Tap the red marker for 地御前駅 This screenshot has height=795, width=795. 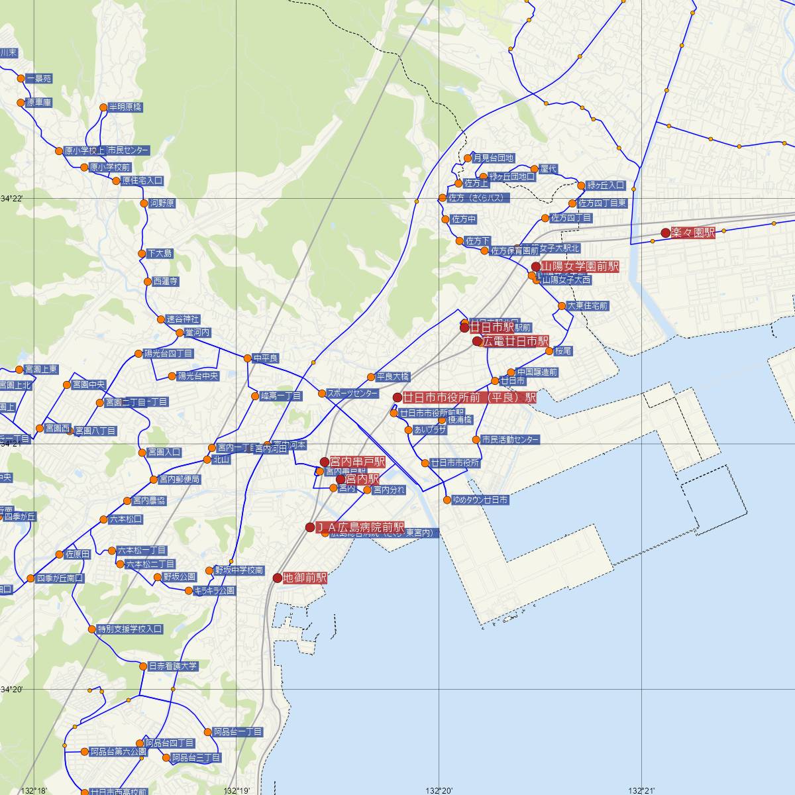(x=278, y=578)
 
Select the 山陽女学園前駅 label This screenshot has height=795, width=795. (x=580, y=266)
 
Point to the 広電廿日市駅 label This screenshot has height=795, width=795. (x=515, y=341)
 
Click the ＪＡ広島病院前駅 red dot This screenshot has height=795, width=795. (x=310, y=527)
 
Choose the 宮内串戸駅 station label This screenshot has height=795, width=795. (x=357, y=461)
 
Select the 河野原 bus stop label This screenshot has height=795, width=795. (x=162, y=203)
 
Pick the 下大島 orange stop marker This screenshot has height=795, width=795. (x=142, y=253)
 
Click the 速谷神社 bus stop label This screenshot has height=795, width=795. (x=182, y=319)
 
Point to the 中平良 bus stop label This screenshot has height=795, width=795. (x=265, y=358)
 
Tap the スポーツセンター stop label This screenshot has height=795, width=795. (x=352, y=394)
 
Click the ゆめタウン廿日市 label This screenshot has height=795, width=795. (x=480, y=500)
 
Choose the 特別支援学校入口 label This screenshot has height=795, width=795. (x=130, y=629)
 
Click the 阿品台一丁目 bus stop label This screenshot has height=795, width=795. (x=238, y=732)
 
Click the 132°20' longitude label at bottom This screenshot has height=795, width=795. (x=439, y=790)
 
